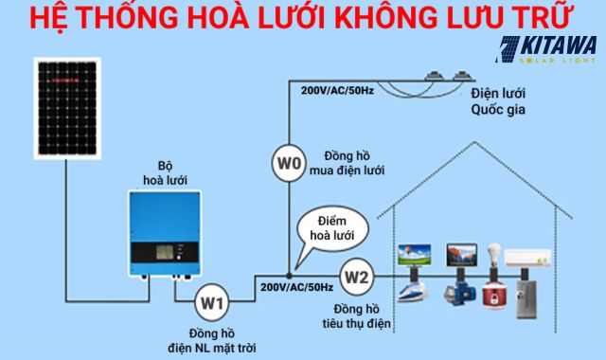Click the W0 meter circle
tap(289, 164)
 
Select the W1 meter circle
tap(213, 304)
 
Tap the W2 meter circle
tap(355, 277)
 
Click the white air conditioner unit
tap(526, 257)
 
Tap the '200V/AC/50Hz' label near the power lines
tap(338, 92)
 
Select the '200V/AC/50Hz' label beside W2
tap(296, 286)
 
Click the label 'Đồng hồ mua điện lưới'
tap(354, 163)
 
